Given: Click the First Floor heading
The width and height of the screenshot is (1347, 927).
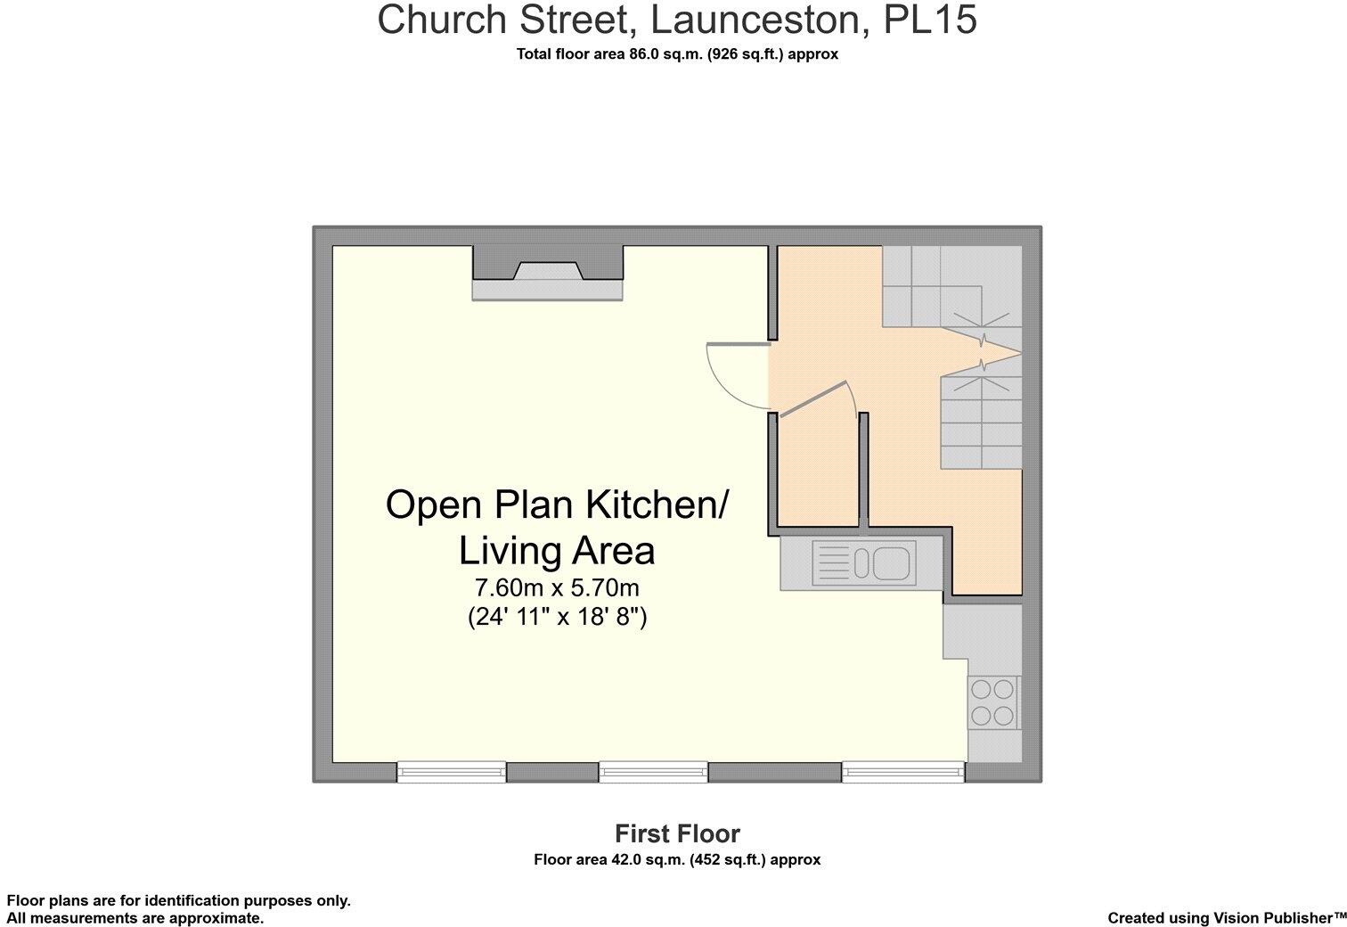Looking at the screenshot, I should pyautogui.click(x=677, y=833).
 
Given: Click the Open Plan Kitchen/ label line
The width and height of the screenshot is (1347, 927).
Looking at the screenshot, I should pyautogui.click(x=557, y=505).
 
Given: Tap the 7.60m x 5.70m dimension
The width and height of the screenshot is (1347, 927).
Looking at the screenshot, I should pyautogui.click(x=557, y=588).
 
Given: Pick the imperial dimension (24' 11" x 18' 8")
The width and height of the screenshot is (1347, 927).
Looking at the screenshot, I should pyautogui.click(x=557, y=616).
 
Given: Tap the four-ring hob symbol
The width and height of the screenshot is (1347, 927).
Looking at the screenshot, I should pyautogui.click(x=992, y=702).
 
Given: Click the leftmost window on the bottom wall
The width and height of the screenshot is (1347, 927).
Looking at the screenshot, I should pyautogui.click(x=451, y=772).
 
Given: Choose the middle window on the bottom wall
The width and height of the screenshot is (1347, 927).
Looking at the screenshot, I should pyautogui.click(x=653, y=772).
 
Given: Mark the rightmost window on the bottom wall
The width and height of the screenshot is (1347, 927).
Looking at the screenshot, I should pyautogui.click(x=903, y=772).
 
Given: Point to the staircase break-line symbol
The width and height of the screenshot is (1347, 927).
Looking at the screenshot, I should pyautogui.click(x=983, y=352).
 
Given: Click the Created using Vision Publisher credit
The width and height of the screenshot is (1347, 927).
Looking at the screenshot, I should pyautogui.click(x=1227, y=917).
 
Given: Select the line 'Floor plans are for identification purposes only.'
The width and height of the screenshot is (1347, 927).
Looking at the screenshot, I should pyautogui.click(x=179, y=900).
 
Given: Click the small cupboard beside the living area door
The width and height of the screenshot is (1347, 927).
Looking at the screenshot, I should pyautogui.click(x=819, y=472).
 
